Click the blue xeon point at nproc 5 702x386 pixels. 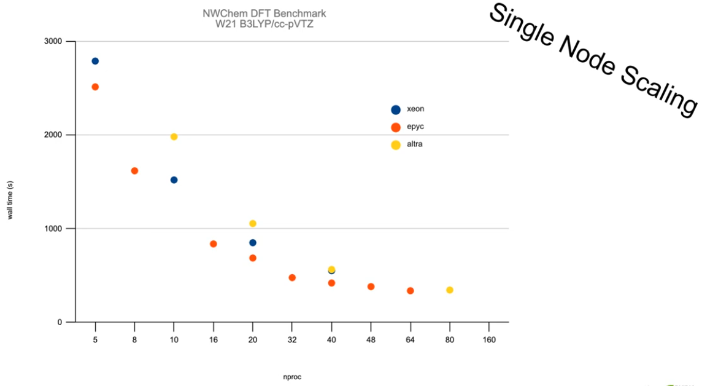click(x=95, y=61)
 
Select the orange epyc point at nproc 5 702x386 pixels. click(x=95, y=87)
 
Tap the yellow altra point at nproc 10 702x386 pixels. click(x=174, y=136)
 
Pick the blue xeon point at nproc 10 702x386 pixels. click(x=174, y=179)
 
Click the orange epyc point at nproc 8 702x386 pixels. click(x=134, y=171)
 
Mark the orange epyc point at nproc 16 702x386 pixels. click(x=214, y=244)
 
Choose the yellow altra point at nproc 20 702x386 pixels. click(x=253, y=223)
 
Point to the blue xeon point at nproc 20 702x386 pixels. click(x=253, y=243)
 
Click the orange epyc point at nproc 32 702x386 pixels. click(x=292, y=278)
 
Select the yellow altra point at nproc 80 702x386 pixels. click(x=450, y=290)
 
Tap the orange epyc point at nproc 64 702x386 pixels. click(x=411, y=291)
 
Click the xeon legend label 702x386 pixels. click(x=415, y=109)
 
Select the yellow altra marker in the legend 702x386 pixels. click(x=396, y=145)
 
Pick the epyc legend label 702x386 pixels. click(x=415, y=127)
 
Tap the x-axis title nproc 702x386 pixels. click(x=291, y=377)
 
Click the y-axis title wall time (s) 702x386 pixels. click(x=10, y=200)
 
